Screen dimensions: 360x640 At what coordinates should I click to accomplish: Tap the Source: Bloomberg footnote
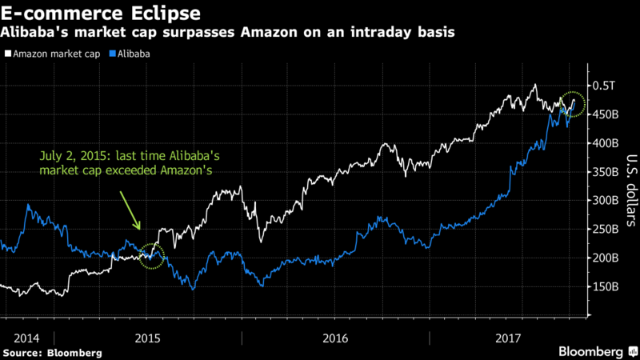click(x=53, y=353)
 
